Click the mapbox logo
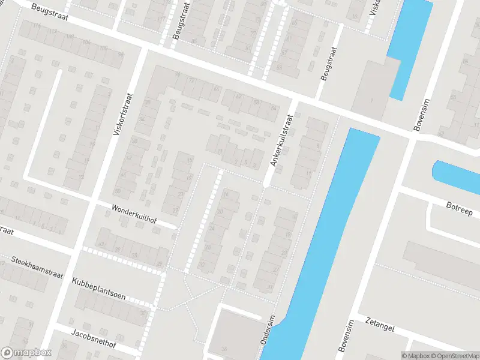point(26,353)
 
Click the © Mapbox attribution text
point(418,356)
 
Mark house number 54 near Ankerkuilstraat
point(274,108)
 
